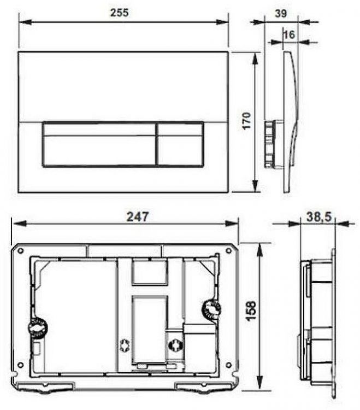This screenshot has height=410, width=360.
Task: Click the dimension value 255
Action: (x=120, y=13)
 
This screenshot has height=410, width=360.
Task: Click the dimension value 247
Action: (x=139, y=216)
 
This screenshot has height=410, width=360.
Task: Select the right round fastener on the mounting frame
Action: (x=211, y=309)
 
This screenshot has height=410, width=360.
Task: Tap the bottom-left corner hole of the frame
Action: (x=20, y=365)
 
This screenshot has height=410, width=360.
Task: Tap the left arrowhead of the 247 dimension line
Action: (x=16, y=224)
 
